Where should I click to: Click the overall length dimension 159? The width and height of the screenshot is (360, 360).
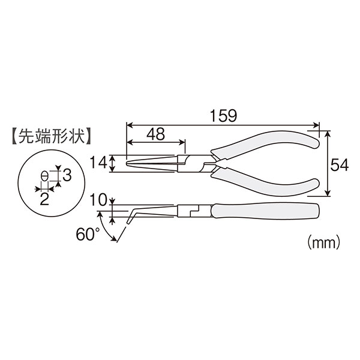[x=223, y=116]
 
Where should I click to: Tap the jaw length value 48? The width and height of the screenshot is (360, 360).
[x=156, y=134]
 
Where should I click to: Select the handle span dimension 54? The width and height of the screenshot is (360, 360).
[x=340, y=165]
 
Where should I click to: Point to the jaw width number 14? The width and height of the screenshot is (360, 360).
[x=99, y=163]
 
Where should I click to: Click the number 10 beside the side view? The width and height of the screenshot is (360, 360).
[x=98, y=200]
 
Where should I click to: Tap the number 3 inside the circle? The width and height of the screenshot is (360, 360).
[x=67, y=175]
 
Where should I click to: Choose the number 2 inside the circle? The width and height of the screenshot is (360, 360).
[x=44, y=199]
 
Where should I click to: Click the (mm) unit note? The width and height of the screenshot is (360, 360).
[x=323, y=242]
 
